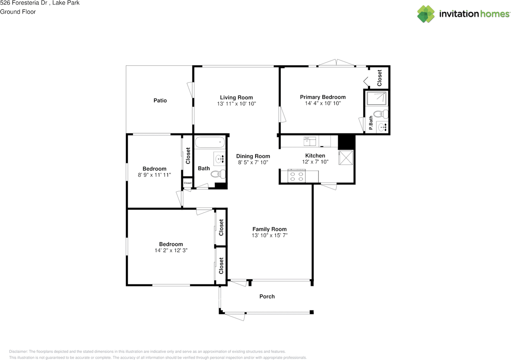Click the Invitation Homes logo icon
pos(426,14)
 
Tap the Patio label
pos(160,101)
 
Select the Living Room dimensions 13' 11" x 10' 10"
pos(236,104)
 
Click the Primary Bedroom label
pos(323,97)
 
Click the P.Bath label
pos(371,123)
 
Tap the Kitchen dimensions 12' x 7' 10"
pos(315,162)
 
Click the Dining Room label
pos(253,156)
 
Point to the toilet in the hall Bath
pos(218,174)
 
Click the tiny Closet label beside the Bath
pos(188,183)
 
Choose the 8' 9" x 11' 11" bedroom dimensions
pos(154,175)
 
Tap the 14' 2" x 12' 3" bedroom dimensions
pos(171,251)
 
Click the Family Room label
pos(269,229)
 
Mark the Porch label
pos(267,297)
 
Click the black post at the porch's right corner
pos(312,312)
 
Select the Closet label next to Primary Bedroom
pos(380,78)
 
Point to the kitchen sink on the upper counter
pos(310,141)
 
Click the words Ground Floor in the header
pos(18,12)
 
